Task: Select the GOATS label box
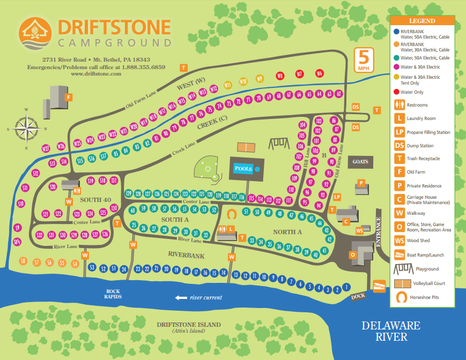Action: pyautogui.click(x=360, y=161)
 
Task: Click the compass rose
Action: pyautogui.click(x=26, y=129)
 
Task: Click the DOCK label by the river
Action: pyautogui.click(x=358, y=297)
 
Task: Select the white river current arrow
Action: pyautogui.click(x=181, y=297)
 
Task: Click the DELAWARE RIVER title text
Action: pyautogui.click(x=390, y=331)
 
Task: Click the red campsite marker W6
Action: pyautogui.click(x=320, y=73)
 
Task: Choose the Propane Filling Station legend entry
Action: pyautogui.click(x=424, y=132)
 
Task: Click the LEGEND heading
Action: pyautogui.click(x=422, y=21)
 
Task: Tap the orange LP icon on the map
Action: pyautogui.click(x=337, y=197)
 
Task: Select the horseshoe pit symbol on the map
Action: pyautogui.click(x=232, y=213)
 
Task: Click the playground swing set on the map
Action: pyautogui.click(x=278, y=144)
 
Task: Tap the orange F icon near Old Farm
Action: pyautogui.click(x=68, y=97)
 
